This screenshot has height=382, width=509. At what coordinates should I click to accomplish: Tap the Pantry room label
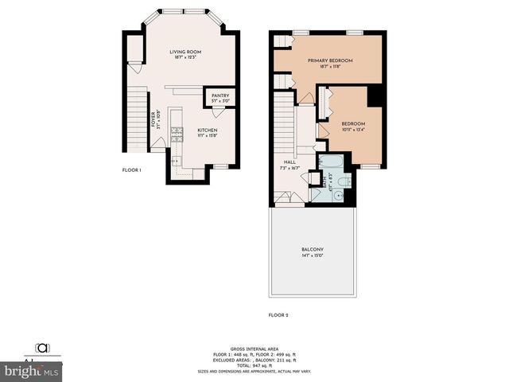[x=220, y=95]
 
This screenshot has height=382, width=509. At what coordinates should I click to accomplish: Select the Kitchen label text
[x=208, y=131]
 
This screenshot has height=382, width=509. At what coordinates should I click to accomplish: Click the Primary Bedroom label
[x=330, y=60]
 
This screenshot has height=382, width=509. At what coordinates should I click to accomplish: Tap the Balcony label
[x=312, y=250]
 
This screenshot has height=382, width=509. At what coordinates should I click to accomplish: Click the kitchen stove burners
[x=171, y=127]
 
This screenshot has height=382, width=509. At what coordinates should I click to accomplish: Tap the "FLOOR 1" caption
[x=131, y=170]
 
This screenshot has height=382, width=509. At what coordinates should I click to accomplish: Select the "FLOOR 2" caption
[x=277, y=316]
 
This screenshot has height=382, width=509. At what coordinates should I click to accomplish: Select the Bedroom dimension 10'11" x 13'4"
[x=353, y=130]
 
